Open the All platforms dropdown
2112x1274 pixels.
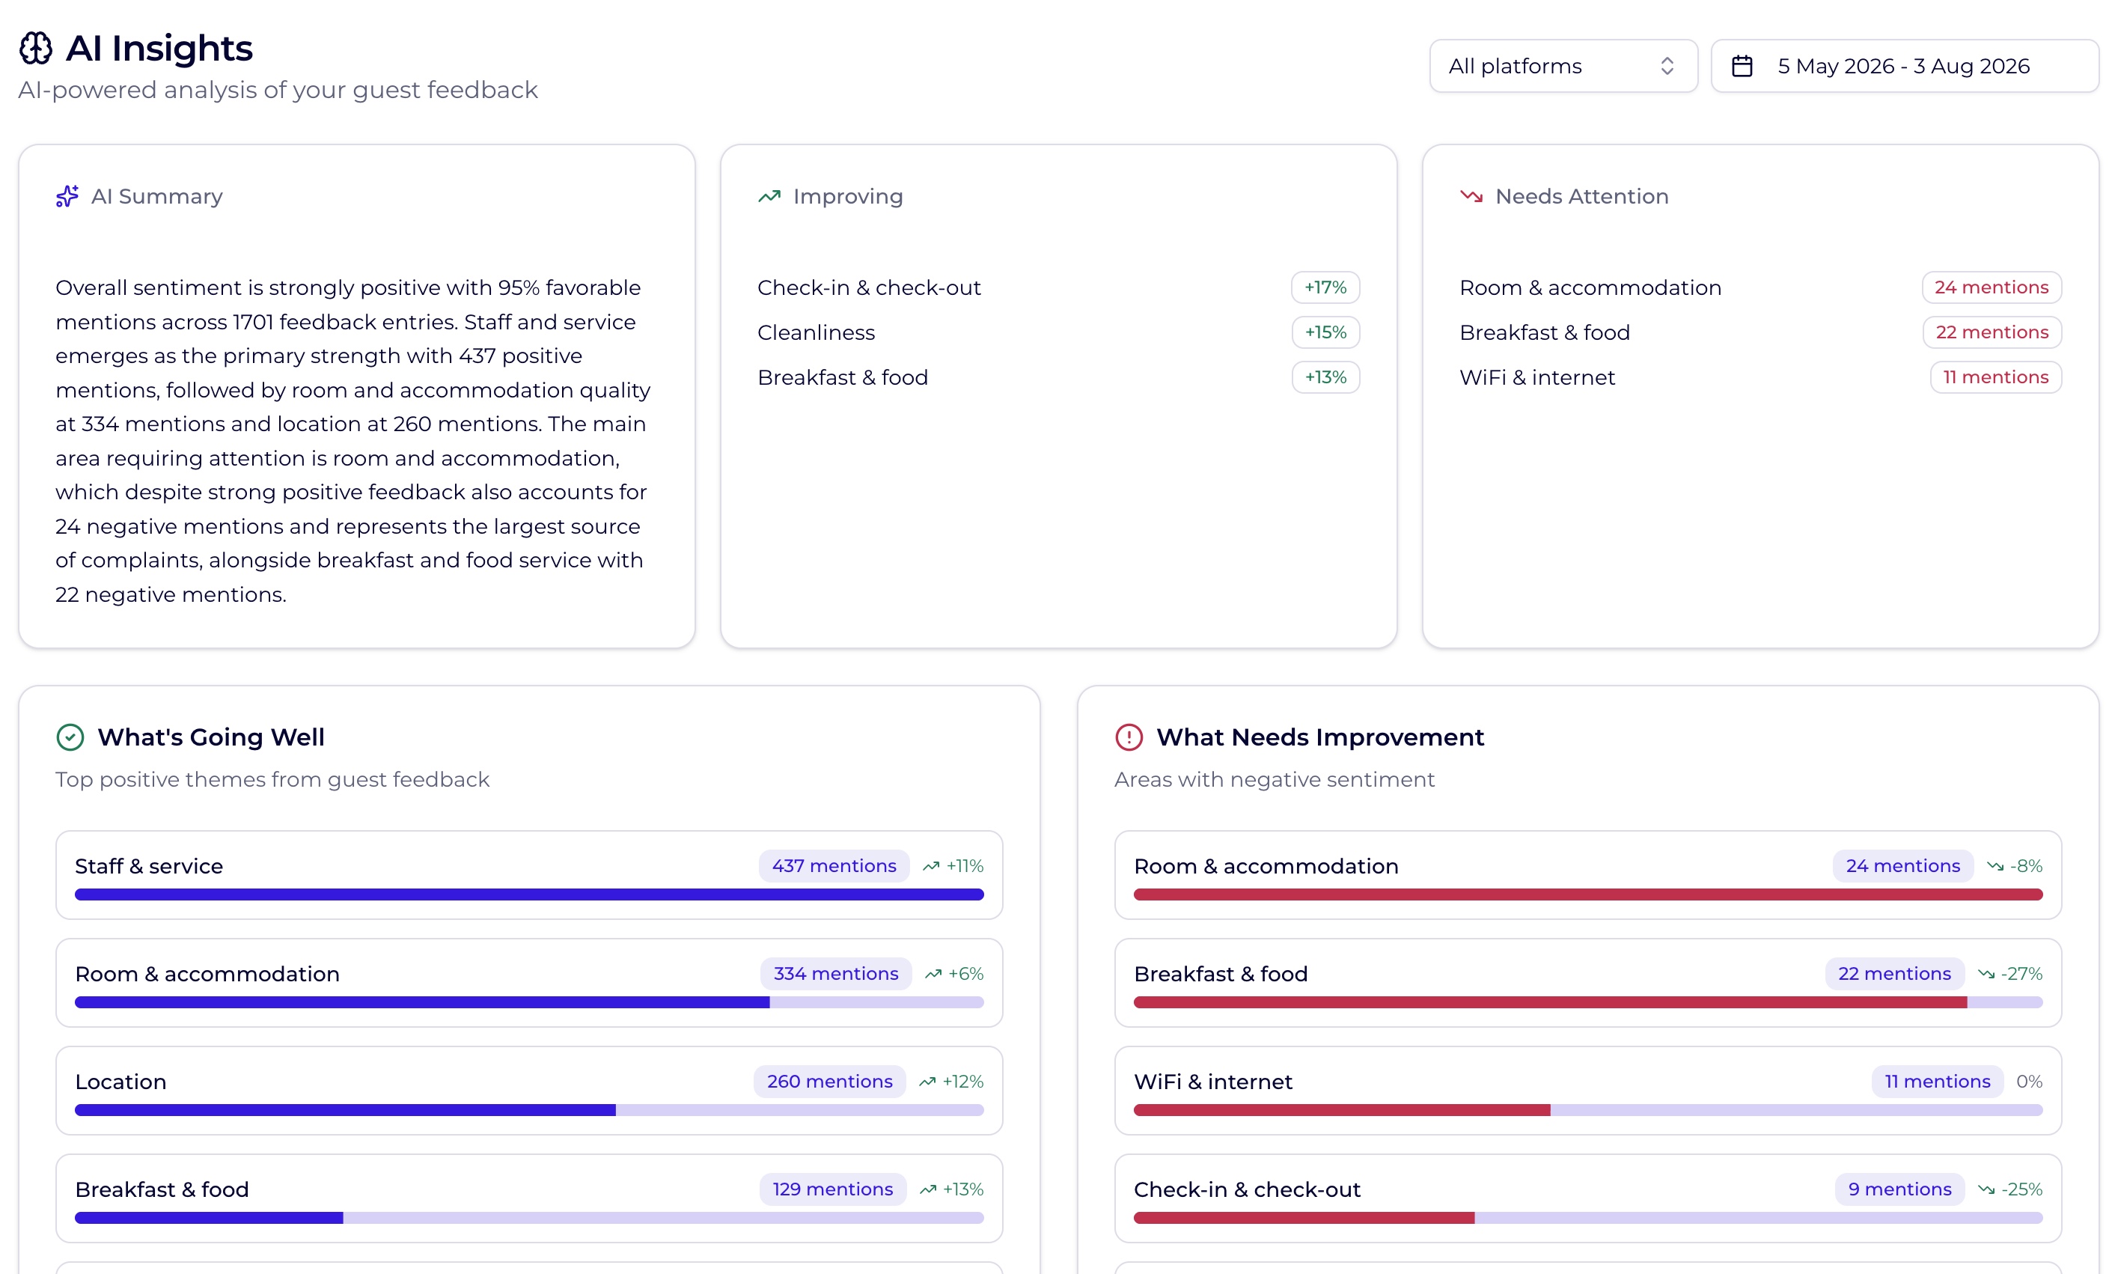coord(1563,66)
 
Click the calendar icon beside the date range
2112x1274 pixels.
coord(1742,66)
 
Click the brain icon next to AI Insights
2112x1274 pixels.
coord(36,48)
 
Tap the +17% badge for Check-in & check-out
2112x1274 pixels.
coord(1325,287)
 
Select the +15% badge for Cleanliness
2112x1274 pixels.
coord(1325,332)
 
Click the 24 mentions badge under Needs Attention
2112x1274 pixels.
coord(1992,287)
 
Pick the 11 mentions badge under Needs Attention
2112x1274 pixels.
coord(1995,377)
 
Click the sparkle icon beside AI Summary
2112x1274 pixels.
coord(67,196)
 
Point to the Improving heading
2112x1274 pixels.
coord(848,196)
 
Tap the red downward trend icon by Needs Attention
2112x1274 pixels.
coord(1471,196)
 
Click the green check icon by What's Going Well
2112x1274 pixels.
coord(70,737)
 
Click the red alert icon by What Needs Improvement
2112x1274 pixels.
coord(1129,737)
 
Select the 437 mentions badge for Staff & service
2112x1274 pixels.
coord(834,866)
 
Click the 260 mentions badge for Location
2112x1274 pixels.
coord(830,1081)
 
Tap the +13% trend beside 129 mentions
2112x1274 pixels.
coord(951,1189)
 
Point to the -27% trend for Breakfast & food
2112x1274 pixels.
coord(2010,974)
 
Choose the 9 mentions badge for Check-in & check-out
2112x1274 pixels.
coord(1899,1189)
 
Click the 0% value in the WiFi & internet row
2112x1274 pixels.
coord(2030,1081)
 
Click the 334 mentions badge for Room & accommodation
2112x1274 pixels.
coord(836,974)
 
